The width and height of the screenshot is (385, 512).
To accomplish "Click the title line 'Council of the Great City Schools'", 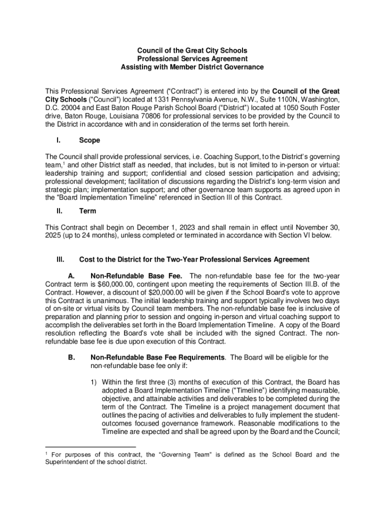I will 192,51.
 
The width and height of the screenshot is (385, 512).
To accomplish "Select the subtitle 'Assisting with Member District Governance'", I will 192,67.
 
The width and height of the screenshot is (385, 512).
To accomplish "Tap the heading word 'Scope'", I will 89,140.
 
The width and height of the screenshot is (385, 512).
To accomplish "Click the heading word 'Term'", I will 87,211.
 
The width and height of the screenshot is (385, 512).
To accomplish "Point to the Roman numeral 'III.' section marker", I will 60,259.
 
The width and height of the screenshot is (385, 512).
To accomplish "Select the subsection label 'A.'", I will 71,276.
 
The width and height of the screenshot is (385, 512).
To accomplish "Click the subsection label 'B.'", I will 71,357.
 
